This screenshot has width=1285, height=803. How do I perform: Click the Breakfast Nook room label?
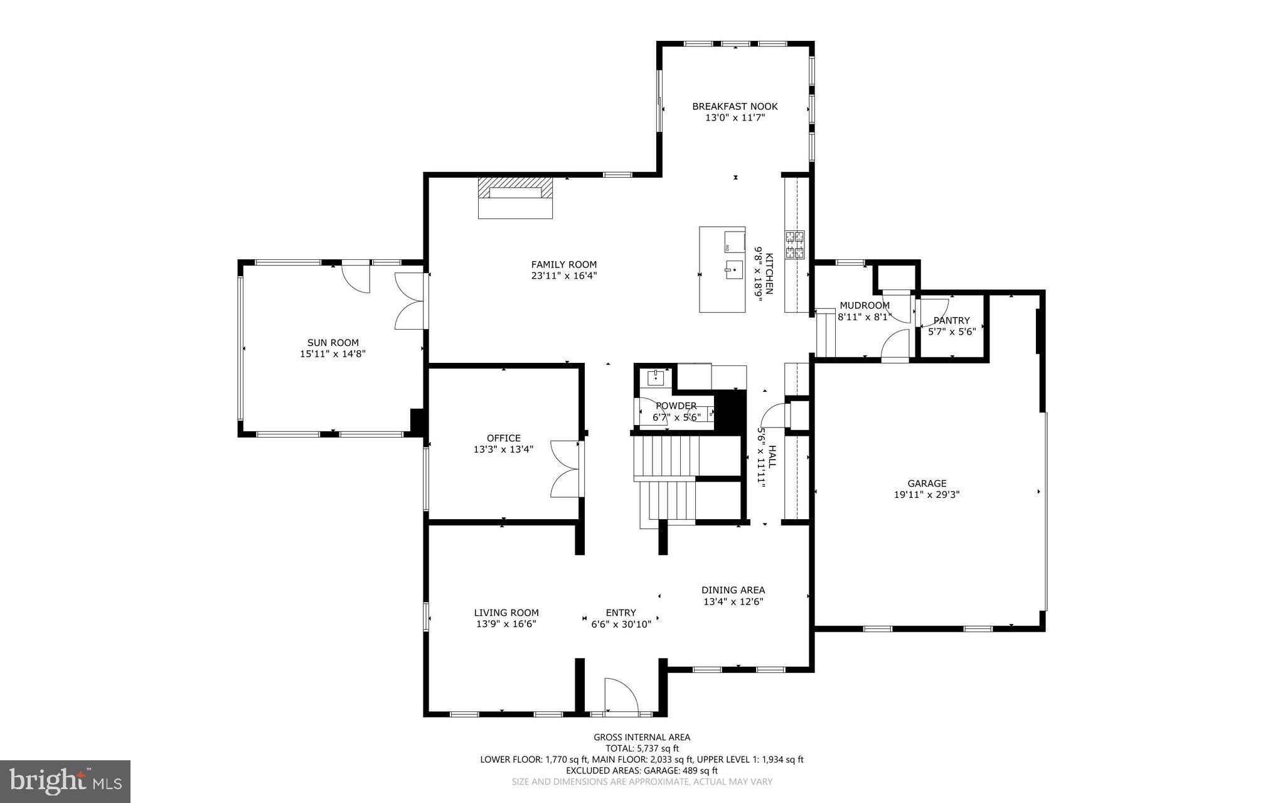[x=735, y=107]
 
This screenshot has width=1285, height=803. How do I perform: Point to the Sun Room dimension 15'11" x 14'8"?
[x=333, y=353]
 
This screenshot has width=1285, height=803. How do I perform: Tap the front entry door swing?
[x=620, y=696]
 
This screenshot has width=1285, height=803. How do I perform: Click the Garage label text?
[x=927, y=483]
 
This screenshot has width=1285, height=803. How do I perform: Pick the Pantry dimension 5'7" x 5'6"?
[x=952, y=331]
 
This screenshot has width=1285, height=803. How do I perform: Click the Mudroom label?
[x=865, y=306]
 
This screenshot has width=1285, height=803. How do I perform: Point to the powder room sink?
[x=656, y=378]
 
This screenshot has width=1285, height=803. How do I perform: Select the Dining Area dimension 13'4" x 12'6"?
[x=733, y=601]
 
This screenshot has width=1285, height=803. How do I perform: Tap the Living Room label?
[x=506, y=613]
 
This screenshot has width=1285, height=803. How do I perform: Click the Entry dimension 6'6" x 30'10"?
[x=621, y=624]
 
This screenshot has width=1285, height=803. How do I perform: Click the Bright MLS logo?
[x=65, y=781]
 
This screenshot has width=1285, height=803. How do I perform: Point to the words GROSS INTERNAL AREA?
[x=642, y=737]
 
